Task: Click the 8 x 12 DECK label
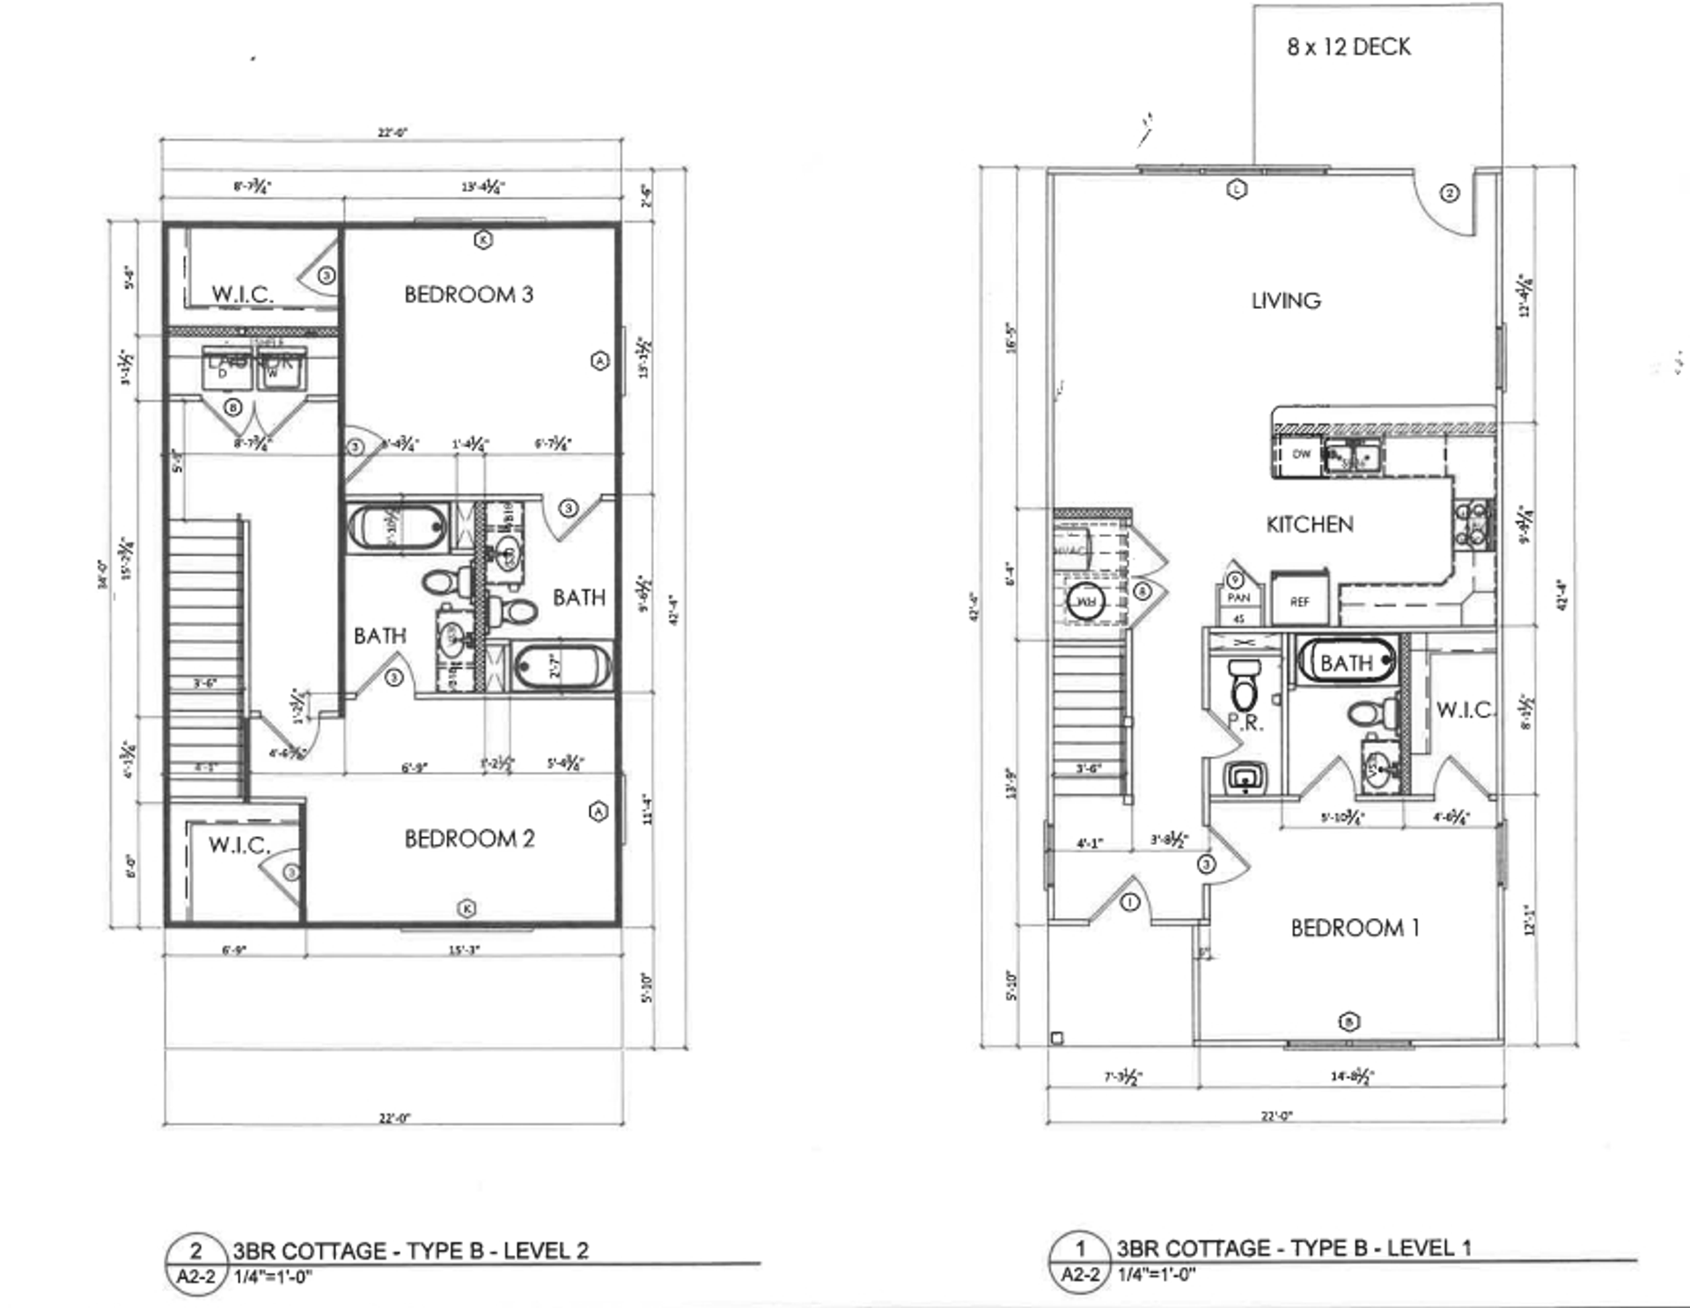click(1348, 47)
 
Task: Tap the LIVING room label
click(1286, 301)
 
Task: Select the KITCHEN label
click(1309, 525)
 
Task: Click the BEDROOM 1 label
click(1355, 928)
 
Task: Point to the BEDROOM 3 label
click(468, 295)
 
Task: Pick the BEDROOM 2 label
click(469, 839)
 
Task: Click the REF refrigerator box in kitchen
click(1300, 601)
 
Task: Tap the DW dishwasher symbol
click(1301, 454)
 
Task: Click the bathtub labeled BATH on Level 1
click(1346, 662)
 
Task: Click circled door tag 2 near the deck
click(1450, 193)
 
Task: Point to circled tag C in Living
click(1237, 188)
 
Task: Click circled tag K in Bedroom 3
click(482, 239)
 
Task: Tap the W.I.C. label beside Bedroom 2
click(239, 846)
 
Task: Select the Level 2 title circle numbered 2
click(196, 1251)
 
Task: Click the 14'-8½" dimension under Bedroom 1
click(1351, 1076)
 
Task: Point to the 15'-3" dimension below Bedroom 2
click(464, 950)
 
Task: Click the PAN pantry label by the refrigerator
click(1238, 598)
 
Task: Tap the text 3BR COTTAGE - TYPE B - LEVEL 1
click(1293, 1248)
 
